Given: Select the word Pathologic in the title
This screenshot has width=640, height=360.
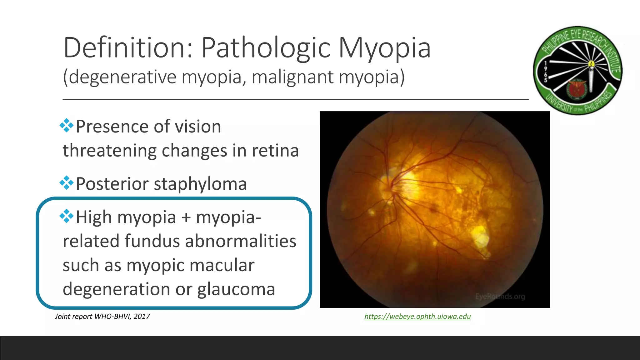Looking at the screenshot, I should tap(266, 48).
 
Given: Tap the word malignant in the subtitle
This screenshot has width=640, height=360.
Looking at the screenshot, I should tap(292, 77).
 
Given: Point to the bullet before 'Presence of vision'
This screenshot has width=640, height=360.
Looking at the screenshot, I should tap(66, 126).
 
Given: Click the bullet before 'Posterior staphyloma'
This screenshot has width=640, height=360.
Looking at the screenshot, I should tap(66, 183).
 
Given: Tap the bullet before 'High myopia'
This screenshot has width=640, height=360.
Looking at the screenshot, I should tap(66, 216).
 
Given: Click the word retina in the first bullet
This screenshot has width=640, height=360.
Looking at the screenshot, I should tap(275, 150).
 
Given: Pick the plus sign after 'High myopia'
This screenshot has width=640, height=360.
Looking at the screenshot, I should tap(186, 217).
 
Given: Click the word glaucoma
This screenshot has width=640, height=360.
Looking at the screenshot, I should tap(236, 289).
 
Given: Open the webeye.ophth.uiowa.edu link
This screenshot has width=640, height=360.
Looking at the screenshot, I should tap(417, 316).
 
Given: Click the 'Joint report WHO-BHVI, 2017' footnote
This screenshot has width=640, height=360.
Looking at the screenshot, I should tap(102, 316).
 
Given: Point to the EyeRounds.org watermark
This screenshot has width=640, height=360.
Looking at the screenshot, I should tap(500, 296).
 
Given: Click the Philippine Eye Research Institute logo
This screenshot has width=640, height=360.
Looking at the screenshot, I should tap(577, 70).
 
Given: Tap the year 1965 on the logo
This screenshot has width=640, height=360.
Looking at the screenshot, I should tap(546, 72).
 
